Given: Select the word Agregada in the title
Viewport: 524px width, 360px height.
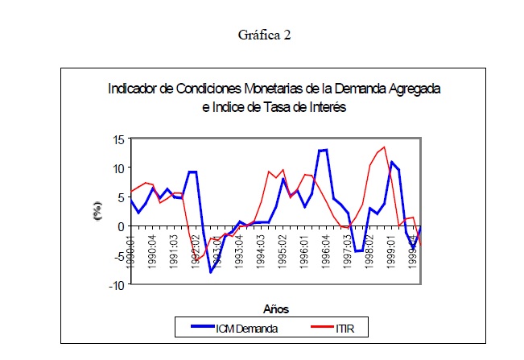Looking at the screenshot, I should tap(414, 88).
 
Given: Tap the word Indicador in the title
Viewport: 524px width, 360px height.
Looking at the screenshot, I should tap(134, 88).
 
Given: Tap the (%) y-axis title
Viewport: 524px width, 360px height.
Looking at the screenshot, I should tap(97, 213).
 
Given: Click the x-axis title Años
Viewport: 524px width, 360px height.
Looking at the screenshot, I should tap(275, 308).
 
